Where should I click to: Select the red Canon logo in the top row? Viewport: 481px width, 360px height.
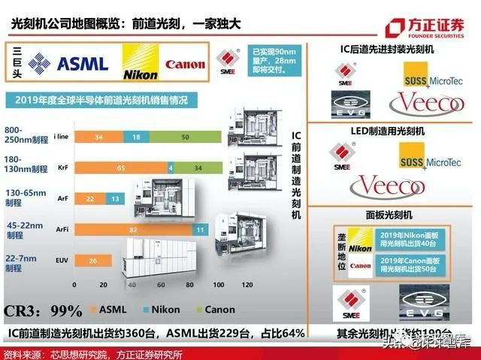[184, 65]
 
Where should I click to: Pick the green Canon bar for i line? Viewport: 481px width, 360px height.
[185, 137]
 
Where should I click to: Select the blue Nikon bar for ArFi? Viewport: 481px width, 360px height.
[199, 229]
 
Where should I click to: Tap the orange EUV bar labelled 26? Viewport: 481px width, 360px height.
[92, 259]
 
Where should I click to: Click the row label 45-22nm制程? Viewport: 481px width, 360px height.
[23, 229]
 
